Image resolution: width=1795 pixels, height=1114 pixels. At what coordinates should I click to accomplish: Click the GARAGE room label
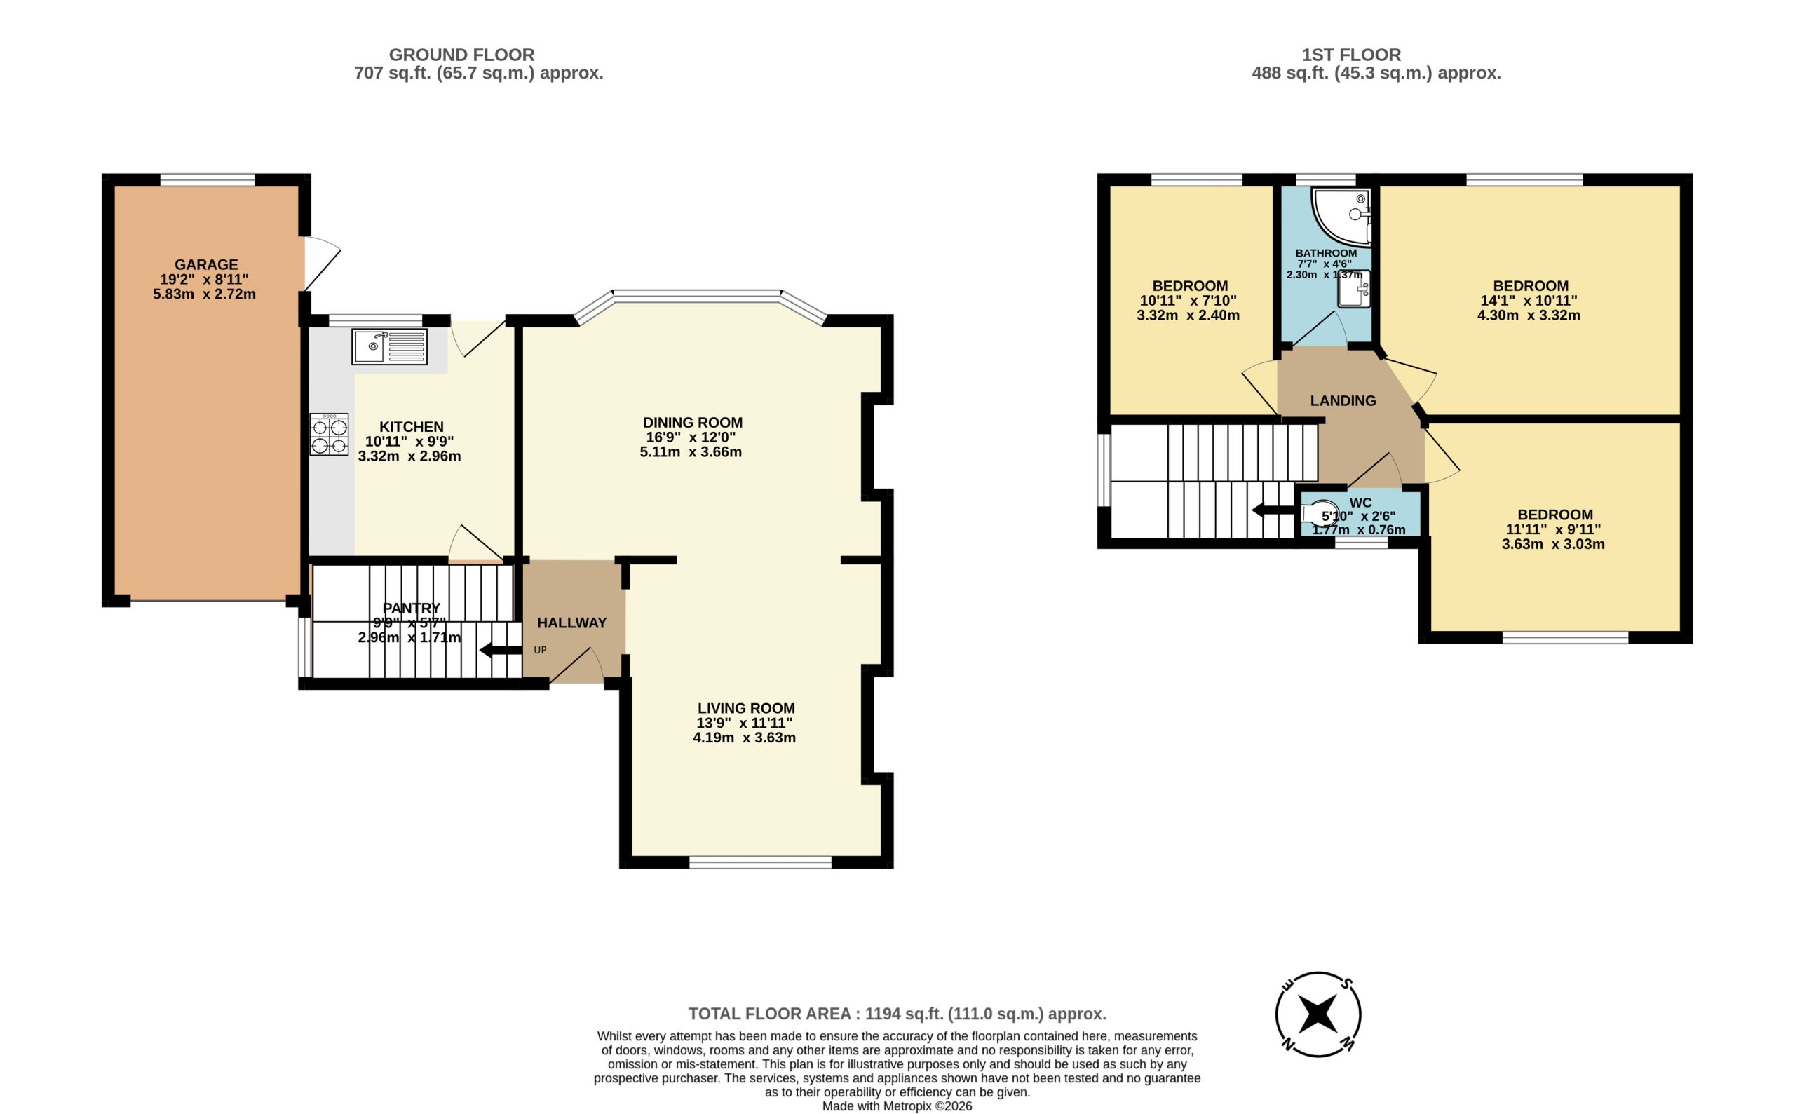point(205,264)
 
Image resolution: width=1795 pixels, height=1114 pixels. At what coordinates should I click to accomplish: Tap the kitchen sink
point(389,347)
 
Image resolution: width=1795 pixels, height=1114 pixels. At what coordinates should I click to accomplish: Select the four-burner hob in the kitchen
point(330,435)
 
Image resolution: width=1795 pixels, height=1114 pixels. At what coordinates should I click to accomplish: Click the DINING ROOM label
point(693,423)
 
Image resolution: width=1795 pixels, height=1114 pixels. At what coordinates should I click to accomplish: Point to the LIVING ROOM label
point(746,708)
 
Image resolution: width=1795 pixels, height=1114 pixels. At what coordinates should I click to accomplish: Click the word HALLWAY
point(572,623)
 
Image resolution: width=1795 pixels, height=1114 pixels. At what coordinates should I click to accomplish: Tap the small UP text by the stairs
point(540,651)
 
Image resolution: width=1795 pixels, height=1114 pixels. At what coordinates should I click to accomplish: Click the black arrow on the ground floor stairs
point(501,651)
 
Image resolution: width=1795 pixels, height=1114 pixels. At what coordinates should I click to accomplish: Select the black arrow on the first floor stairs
point(1273,510)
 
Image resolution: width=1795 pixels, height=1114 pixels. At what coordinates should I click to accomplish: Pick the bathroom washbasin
point(1355,289)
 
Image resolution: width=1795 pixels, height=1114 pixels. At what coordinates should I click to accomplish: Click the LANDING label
point(1343,401)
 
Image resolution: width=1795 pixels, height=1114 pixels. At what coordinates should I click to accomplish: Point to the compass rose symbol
point(1318,1014)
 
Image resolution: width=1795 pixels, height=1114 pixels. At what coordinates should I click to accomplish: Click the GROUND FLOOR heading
point(461,55)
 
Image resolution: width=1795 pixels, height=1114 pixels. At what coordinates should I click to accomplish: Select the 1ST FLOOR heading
point(1350,55)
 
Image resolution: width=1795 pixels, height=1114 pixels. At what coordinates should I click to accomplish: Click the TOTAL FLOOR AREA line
point(897,1014)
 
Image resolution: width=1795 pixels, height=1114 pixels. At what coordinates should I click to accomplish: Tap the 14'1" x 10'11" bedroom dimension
point(1529,301)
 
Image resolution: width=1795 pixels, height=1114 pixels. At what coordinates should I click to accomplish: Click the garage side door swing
point(323,263)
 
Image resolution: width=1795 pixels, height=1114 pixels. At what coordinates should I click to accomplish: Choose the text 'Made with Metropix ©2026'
point(897,1106)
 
